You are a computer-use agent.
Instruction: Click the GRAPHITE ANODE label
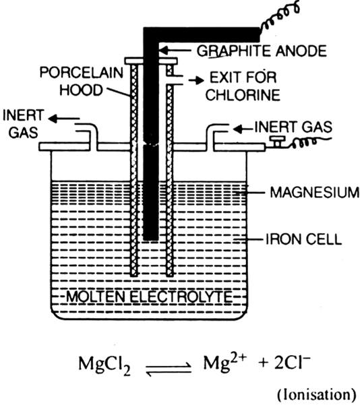tap(262, 51)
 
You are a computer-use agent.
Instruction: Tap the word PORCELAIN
tap(81, 72)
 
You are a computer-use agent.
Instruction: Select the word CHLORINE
tap(243, 95)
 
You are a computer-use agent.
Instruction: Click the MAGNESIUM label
tap(315, 193)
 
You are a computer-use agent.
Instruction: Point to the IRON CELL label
tap(304, 239)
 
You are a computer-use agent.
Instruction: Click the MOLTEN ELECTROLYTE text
tap(149, 296)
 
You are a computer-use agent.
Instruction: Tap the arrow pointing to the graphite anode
tap(175, 50)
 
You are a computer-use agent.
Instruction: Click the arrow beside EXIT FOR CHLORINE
tap(196, 81)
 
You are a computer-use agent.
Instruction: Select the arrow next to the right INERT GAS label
tap(243, 129)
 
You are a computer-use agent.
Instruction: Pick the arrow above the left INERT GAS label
tap(63, 119)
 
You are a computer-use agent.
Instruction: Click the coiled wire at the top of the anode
tap(280, 17)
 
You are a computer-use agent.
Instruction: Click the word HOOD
tap(81, 90)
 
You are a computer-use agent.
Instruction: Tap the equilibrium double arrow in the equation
tap(169, 370)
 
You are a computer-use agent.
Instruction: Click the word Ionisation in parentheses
tap(316, 395)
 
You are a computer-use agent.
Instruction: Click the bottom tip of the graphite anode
tap(151, 240)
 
